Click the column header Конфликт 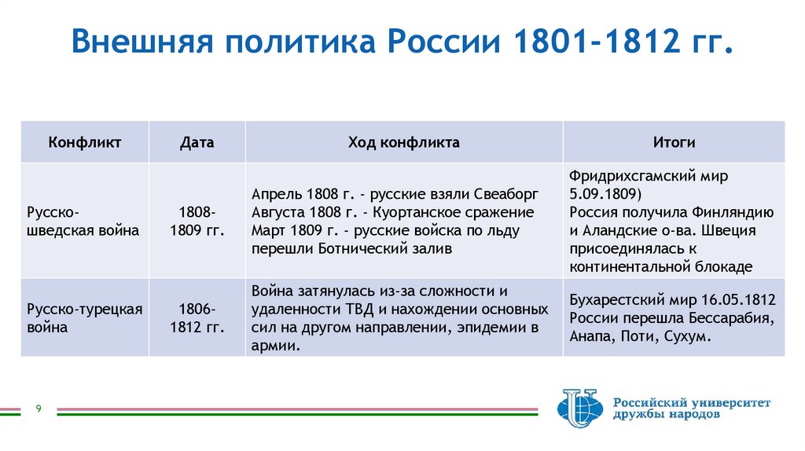tap(84, 142)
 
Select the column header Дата tap(197, 142)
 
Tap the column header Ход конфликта tap(403, 142)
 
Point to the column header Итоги tap(673, 142)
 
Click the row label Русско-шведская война tap(83, 222)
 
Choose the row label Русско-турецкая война tap(84, 317)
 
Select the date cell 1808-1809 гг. tap(197, 222)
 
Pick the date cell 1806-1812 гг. tap(197, 317)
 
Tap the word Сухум tap(686, 336)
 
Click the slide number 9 tap(38, 409)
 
